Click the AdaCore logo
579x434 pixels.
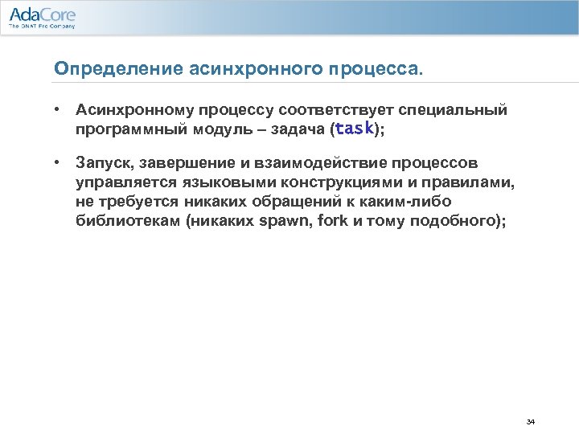[x=42, y=16]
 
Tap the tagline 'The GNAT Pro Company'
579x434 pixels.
[x=41, y=27]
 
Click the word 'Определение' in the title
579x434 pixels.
[x=103, y=68]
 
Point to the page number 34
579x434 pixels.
[x=530, y=421]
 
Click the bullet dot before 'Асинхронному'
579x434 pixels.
[x=59, y=108]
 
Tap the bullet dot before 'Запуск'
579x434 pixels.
[x=59, y=162]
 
